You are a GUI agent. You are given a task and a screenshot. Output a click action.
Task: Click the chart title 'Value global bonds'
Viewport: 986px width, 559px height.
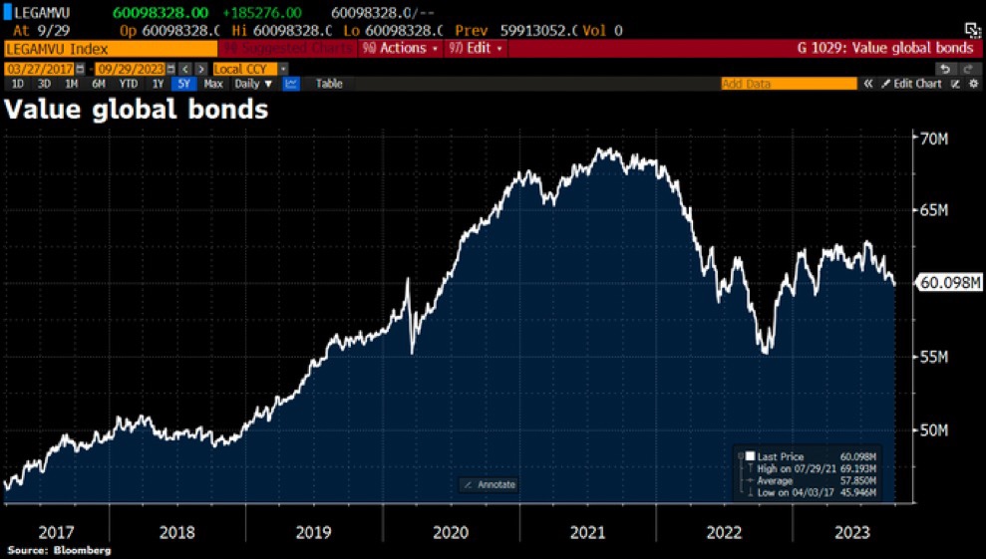[137, 110]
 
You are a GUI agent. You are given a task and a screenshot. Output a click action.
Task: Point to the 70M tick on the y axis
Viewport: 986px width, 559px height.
[933, 139]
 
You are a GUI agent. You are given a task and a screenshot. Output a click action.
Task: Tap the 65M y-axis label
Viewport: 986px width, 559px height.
[933, 211]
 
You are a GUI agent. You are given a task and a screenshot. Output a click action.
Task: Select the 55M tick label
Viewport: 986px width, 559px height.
[933, 357]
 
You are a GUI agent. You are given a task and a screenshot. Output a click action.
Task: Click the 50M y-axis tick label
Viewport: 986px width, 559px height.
[933, 429]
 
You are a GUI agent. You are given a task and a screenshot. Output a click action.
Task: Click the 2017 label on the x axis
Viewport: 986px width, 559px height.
[58, 532]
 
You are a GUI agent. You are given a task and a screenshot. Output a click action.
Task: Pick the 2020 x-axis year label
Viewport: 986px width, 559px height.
[451, 532]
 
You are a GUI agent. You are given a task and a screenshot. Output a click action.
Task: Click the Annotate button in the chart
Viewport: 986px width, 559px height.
[489, 484]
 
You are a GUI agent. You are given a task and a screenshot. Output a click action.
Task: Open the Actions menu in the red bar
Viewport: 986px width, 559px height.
[401, 48]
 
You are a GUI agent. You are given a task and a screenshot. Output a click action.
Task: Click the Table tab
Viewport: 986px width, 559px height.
[329, 84]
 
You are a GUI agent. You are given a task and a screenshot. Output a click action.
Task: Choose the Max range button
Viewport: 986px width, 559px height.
[213, 84]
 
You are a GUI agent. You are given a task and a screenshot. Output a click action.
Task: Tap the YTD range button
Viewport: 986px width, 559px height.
[129, 84]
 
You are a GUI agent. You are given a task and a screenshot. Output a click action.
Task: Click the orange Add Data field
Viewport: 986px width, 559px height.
[788, 84]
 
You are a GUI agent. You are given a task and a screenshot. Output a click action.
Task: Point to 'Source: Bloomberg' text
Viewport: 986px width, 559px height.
[59, 550]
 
